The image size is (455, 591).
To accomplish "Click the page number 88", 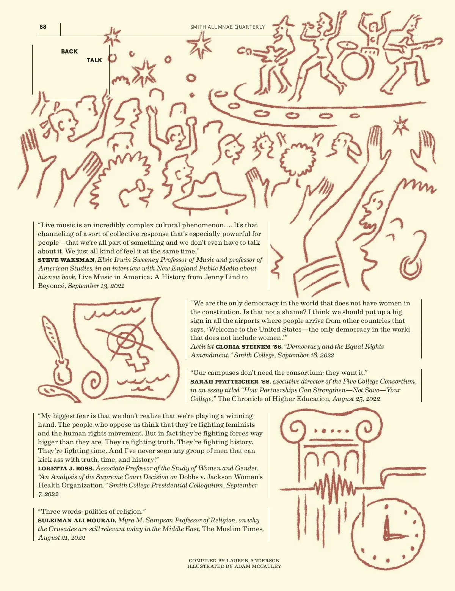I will coord(43,27).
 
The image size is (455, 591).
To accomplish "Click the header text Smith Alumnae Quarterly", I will coord(227,27).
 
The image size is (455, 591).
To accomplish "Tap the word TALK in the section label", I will coord(94,60).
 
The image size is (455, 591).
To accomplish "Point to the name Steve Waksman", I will coord(66,260).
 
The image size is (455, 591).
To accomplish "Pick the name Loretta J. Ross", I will coord(65,468).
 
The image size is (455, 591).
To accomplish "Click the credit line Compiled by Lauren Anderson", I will coord(234,560).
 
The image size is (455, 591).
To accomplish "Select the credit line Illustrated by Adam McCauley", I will coord(234,566).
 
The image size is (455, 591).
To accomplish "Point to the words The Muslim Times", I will coord(232,529).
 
